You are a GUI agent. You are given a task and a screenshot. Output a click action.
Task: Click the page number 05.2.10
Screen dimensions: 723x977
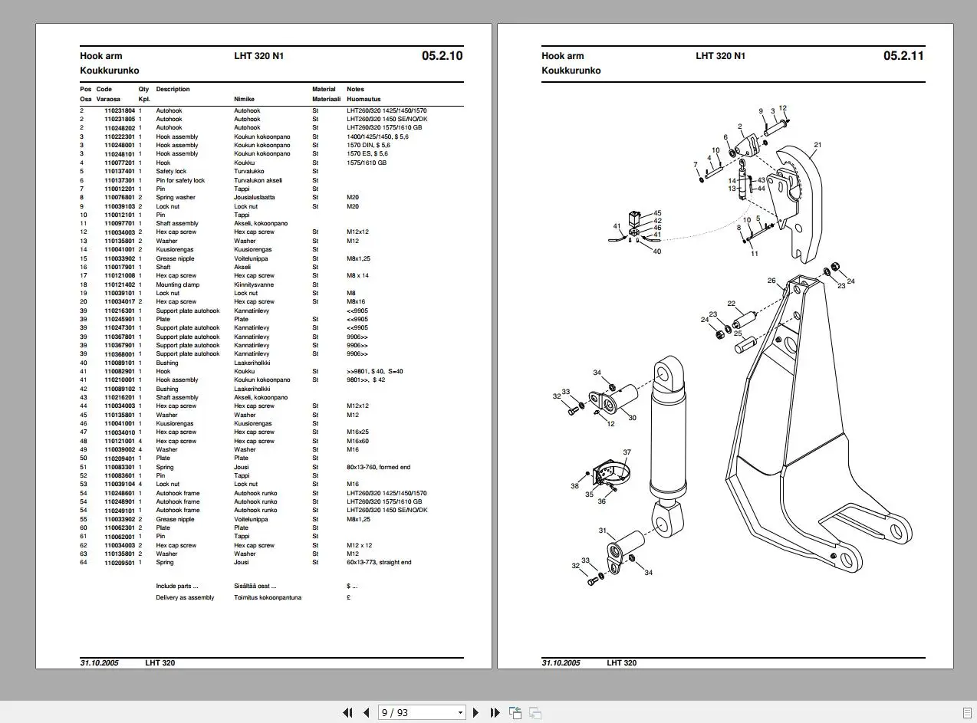click(x=442, y=55)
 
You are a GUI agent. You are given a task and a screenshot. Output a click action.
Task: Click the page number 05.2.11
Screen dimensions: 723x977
click(x=903, y=55)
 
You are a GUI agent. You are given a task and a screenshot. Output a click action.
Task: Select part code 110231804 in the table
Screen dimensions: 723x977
click(x=120, y=110)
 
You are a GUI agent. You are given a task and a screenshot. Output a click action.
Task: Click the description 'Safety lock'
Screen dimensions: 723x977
click(x=171, y=171)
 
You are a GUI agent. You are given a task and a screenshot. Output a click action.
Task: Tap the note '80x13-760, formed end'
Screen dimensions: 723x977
click(x=378, y=467)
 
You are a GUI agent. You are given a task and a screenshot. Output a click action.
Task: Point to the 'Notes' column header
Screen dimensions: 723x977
click(x=355, y=89)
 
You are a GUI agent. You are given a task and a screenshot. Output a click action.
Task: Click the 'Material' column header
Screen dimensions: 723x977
click(x=324, y=89)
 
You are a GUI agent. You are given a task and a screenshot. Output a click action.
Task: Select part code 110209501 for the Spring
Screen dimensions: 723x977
click(x=120, y=562)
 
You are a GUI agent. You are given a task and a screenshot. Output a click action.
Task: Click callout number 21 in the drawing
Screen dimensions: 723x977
click(x=817, y=144)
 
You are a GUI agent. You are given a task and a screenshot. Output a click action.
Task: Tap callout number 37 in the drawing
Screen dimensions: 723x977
click(x=627, y=452)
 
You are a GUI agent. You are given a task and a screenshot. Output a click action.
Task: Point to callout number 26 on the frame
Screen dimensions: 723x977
click(x=771, y=281)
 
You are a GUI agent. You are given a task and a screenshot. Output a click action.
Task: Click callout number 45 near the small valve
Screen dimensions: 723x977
click(x=657, y=213)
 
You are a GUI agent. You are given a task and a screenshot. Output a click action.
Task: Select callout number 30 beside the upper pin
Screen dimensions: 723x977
click(x=632, y=418)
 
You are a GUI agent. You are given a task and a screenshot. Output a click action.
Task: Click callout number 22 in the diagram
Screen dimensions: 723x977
click(x=732, y=304)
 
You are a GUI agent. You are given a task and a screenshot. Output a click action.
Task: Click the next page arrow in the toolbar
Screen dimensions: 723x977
click(x=475, y=712)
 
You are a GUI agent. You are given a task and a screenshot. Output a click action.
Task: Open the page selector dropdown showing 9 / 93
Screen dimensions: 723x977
click(x=423, y=712)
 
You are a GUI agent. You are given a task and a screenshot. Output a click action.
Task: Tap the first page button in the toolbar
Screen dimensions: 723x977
click(x=347, y=712)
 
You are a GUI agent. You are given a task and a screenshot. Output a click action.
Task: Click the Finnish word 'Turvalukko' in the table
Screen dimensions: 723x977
click(x=249, y=171)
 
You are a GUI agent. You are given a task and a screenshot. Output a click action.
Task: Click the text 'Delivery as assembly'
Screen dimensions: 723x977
click(x=185, y=597)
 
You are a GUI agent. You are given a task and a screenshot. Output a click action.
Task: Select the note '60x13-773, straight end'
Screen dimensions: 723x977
click(x=379, y=562)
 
